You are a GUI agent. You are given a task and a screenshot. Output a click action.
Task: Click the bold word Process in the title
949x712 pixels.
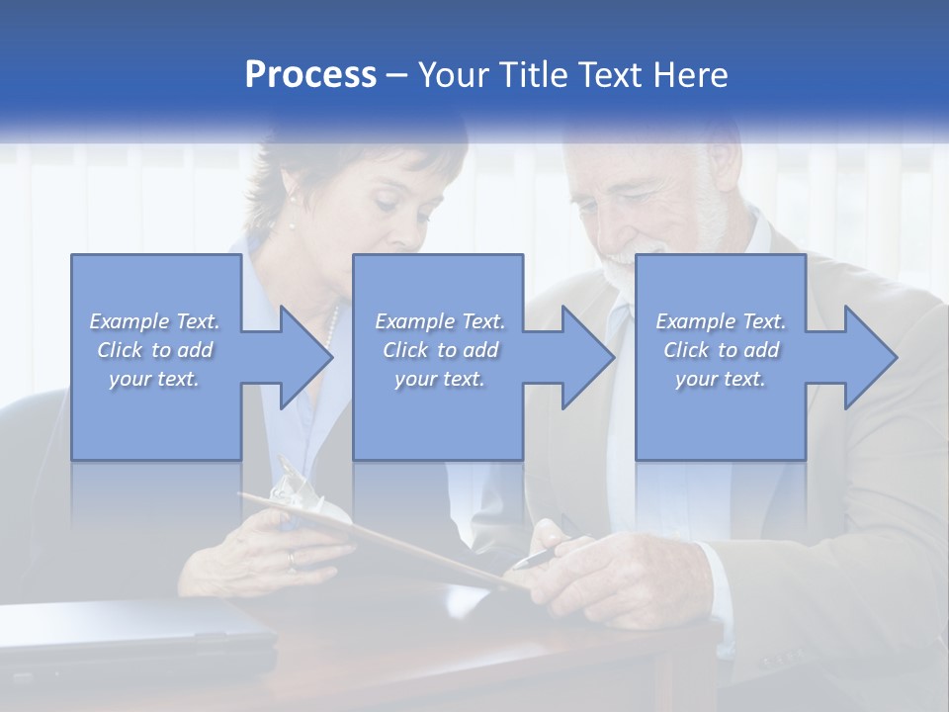[x=310, y=75]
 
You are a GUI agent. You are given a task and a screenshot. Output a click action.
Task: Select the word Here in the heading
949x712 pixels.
[x=691, y=75]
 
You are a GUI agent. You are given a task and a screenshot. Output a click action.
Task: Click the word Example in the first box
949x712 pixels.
[x=129, y=321]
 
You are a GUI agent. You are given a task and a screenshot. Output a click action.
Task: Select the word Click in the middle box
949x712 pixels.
[x=405, y=350]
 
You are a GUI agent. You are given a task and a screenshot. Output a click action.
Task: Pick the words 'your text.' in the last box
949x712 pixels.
[x=720, y=379]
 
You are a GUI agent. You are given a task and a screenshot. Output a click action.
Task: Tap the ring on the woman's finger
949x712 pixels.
[x=290, y=560]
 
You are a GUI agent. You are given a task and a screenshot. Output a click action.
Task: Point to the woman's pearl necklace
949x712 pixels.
[x=333, y=327]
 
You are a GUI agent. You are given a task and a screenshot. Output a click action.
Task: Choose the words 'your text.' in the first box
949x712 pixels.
[x=153, y=379]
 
